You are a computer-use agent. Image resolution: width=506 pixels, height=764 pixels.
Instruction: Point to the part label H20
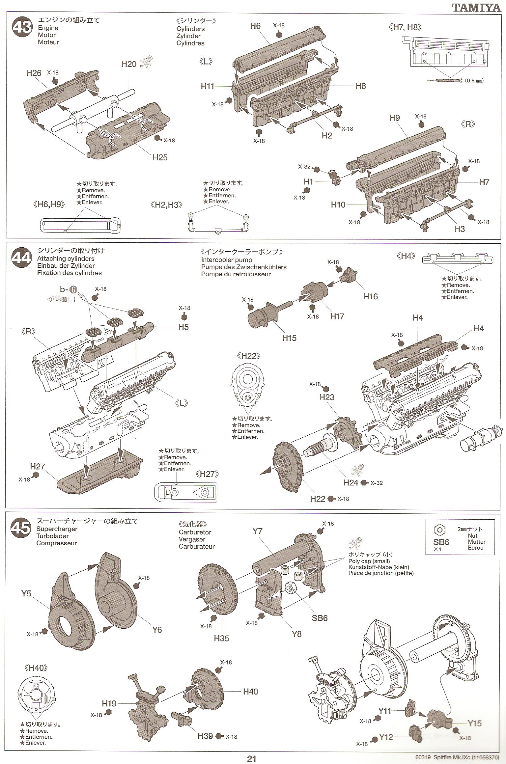(x=128, y=64)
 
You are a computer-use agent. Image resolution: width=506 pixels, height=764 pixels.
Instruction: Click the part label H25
(x=160, y=157)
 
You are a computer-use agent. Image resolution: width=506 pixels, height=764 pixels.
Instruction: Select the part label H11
(x=208, y=86)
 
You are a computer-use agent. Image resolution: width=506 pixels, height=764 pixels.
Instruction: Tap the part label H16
(x=371, y=296)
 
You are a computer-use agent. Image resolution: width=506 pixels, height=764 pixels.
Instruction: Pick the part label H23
(x=326, y=397)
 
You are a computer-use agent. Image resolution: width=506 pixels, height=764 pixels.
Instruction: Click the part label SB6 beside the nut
(x=320, y=618)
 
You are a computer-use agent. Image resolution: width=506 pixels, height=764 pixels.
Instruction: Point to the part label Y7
(x=257, y=531)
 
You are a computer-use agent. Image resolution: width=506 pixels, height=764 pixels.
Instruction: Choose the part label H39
(x=206, y=736)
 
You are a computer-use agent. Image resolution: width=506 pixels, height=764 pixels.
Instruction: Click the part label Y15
(x=474, y=723)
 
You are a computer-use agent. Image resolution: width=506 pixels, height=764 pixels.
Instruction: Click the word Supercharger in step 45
(x=57, y=529)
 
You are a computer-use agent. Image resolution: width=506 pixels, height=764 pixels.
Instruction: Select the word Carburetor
(x=195, y=532)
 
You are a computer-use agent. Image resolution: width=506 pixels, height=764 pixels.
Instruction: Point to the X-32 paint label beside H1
(x=304, y=167)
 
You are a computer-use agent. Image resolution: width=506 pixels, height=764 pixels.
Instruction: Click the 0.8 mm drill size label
(x=474, y=80)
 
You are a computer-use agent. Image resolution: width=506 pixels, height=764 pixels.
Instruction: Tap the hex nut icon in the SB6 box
(x=439, y=530)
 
